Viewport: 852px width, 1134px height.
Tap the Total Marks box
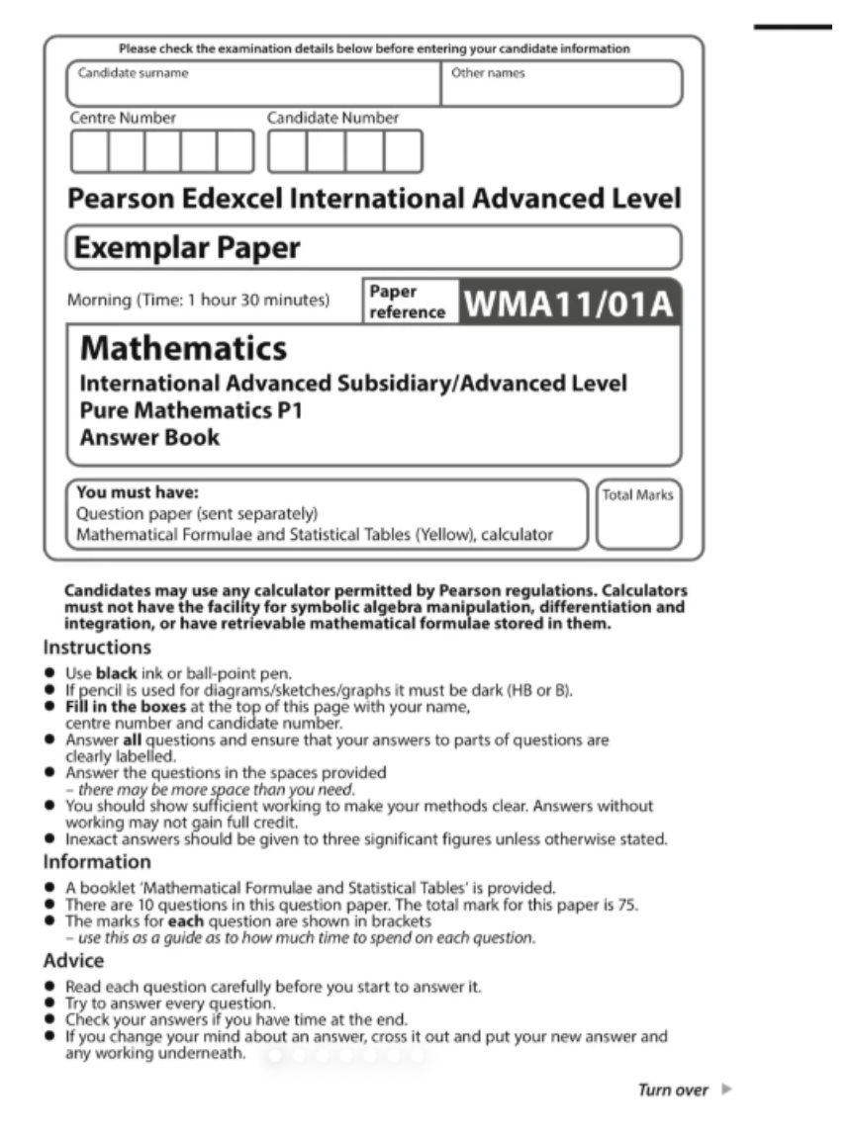(638, 515)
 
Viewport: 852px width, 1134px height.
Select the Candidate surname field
(253, 84)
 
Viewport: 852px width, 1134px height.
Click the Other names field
(561, 84)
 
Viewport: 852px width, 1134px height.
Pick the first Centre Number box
(88, 151)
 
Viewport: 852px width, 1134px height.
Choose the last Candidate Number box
(403, 151)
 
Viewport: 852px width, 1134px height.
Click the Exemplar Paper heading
(184, 247)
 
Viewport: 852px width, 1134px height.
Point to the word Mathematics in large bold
(183, 348)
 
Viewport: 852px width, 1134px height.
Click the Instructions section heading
(97, 649)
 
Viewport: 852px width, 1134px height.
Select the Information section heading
(96, 861)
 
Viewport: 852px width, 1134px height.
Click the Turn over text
(673, 1090)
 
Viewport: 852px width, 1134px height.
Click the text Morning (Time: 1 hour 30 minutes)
(198, 300)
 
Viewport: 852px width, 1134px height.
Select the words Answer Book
(149, 436)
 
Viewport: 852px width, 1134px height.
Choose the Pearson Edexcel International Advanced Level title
(374, 199)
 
